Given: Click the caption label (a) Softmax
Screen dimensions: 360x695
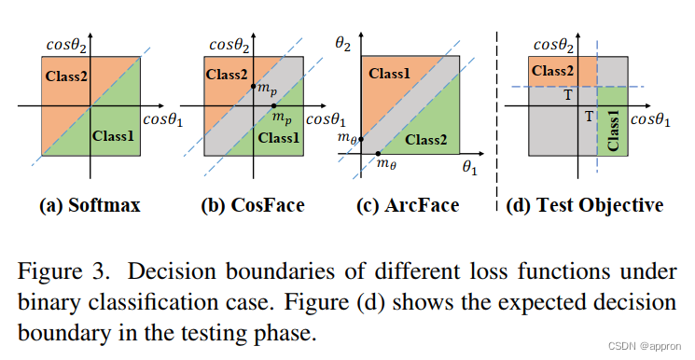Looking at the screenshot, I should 91,204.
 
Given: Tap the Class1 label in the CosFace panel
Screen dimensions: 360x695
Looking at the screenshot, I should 278,137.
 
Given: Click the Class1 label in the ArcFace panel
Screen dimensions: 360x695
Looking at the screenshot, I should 393,73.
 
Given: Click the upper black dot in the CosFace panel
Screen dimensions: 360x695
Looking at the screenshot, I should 252,88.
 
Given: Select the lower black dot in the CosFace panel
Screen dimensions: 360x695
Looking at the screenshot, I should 271,107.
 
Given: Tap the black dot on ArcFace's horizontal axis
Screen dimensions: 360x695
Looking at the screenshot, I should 378,153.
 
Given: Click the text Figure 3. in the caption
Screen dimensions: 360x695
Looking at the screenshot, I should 63,271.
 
